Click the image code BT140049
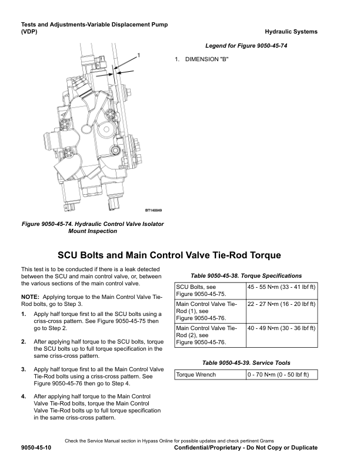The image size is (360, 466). tap(154, 211)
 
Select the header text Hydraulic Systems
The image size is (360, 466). tap(291, 32)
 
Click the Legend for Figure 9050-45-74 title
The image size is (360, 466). tap(246, 46)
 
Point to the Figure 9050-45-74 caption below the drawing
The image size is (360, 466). tap(93, 228)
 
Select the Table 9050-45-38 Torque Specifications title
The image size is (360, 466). tap(246, 275)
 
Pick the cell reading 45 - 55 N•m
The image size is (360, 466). tap(281, 287)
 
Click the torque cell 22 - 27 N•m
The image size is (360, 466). tap(281, 304)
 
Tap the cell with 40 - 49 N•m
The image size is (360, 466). tap(281, 328)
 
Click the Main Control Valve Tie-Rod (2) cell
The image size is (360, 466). tap(209, 335)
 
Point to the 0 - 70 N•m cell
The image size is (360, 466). tap(281, 375)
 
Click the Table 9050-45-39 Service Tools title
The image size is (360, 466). tap(246, 362)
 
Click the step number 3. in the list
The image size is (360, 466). tap(24, 369)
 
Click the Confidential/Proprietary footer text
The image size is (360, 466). tap(246, 448)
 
